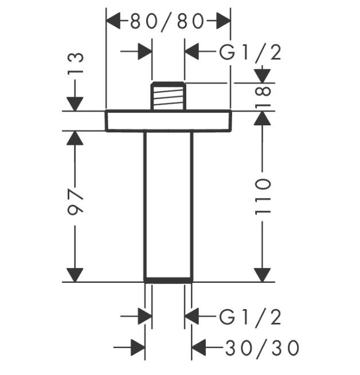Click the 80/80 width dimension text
167,22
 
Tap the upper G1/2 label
251,53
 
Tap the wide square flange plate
168,120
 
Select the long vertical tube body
168,203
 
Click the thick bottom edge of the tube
168,281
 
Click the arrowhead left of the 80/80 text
115,22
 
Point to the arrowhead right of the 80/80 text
222,22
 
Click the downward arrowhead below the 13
75,103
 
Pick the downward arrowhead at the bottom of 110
263,274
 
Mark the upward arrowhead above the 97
75,138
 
